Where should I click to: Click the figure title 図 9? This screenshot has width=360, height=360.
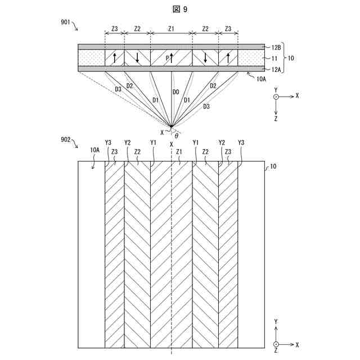180,10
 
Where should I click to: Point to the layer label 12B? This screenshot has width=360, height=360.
276,47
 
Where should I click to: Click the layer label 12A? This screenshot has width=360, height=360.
276,69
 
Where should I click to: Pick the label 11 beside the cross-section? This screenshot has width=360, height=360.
274,58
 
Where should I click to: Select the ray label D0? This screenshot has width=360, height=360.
175,91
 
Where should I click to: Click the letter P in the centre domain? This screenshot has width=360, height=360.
167,57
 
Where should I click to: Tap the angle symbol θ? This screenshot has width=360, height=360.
176,135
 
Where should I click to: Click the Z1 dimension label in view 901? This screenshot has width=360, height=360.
172,28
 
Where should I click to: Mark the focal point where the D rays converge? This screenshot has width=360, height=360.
171,126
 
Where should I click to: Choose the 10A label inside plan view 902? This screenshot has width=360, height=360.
94,150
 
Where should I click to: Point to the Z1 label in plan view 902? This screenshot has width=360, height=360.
179,151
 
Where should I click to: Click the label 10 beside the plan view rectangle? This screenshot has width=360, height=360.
273,166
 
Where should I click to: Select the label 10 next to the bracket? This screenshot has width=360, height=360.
290,58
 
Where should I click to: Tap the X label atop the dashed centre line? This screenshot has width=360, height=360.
171,143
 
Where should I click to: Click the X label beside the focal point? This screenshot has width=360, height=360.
163,133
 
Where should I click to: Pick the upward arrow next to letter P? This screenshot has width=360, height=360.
172,57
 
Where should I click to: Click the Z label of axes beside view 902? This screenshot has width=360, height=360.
276,350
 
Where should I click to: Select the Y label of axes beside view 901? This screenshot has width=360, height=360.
276,89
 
